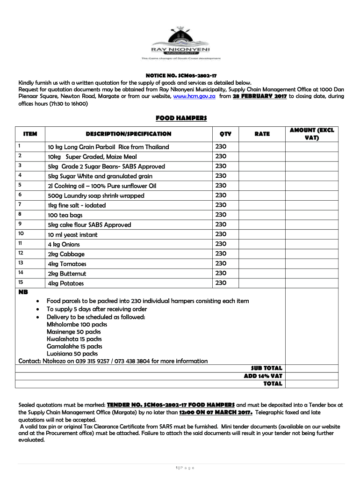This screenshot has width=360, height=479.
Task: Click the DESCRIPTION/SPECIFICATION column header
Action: pyautogui.click(x=129, y=134)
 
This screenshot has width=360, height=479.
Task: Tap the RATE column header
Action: pyautogui.click(x=262, y=134)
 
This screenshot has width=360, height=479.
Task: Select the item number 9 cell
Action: pyautogui.click(x=20, y=224)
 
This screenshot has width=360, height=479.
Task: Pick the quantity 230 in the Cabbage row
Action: pyautogui.click(x=221, y=254)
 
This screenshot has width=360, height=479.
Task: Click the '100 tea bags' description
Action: pyautogui.click(x=65, y=215)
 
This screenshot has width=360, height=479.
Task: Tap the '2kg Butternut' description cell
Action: pyautogui.click(x=67, y=274)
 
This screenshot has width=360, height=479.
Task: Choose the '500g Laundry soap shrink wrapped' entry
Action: pyautogui.click(x=96, y=196)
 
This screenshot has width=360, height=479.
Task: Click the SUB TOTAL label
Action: pyautogui.click(x=266, y=368)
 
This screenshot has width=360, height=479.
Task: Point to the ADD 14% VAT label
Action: pyautogui.click(x=263, y=376)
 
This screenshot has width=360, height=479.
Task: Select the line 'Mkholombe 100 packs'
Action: pyautogui.click(x=77, y=324)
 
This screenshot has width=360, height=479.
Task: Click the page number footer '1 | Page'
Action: pyautogui.click(x=184, y=468)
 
